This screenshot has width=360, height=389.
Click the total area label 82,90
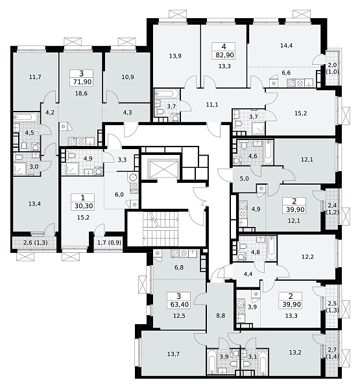[224, 55]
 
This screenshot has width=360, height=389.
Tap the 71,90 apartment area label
[82, 82]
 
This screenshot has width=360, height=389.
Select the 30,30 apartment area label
[83, 206]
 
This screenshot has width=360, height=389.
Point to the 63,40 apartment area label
[178, 304]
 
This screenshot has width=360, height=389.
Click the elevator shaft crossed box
[163, 169]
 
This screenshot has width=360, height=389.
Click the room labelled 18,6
[82, 93]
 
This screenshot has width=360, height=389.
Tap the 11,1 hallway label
[212, 105]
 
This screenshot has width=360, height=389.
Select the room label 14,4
[286, 45]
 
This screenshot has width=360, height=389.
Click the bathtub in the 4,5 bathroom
[25, 117]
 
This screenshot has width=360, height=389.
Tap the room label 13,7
[173, 354]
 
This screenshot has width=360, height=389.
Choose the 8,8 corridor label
[221, 316]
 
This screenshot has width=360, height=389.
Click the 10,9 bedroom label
[128, 77]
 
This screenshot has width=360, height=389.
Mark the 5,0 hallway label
[245, 179]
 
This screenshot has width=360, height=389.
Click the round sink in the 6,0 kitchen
[133, 178]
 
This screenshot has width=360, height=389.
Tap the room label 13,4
[34, 204]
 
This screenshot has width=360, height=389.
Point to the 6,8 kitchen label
[179, 268]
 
